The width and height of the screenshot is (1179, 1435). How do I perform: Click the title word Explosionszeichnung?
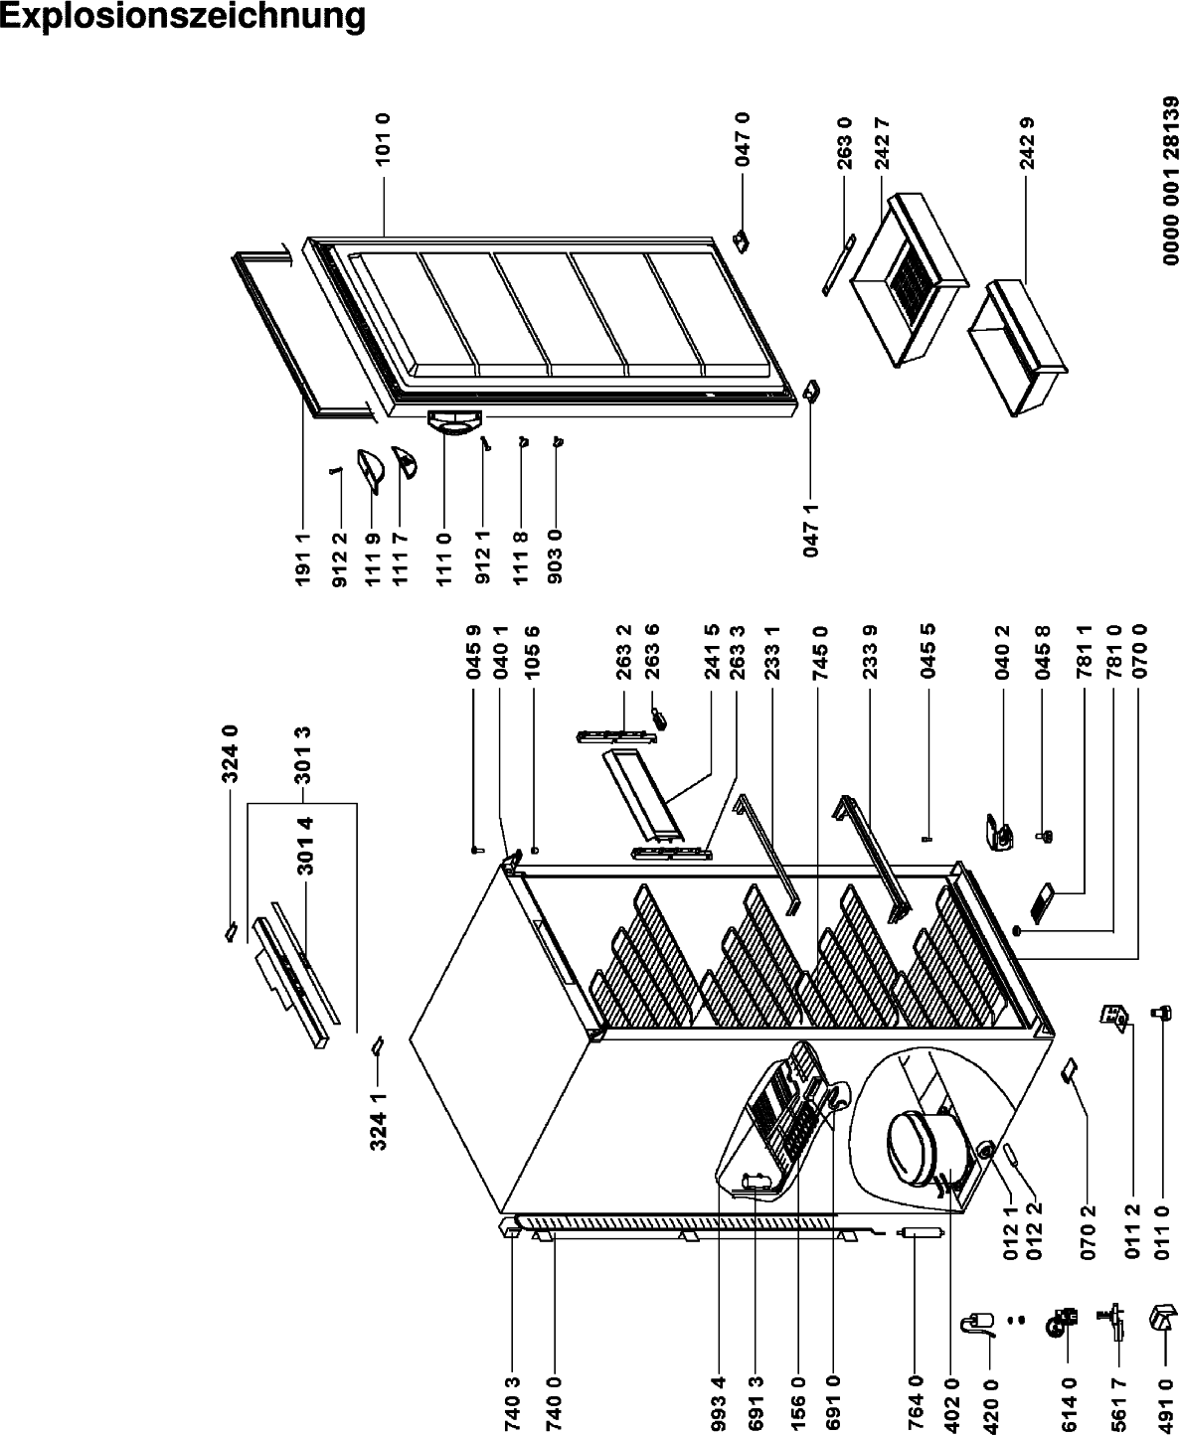tap(183, 17)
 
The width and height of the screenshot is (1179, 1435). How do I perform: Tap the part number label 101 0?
tap(384, 139)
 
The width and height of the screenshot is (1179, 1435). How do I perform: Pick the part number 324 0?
tap(231, 754)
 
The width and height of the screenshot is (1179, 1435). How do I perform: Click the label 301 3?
tap(303, 754)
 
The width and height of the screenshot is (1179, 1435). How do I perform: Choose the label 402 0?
tap(951, 1404)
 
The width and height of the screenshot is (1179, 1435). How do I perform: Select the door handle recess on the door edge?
tap(453, 422)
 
